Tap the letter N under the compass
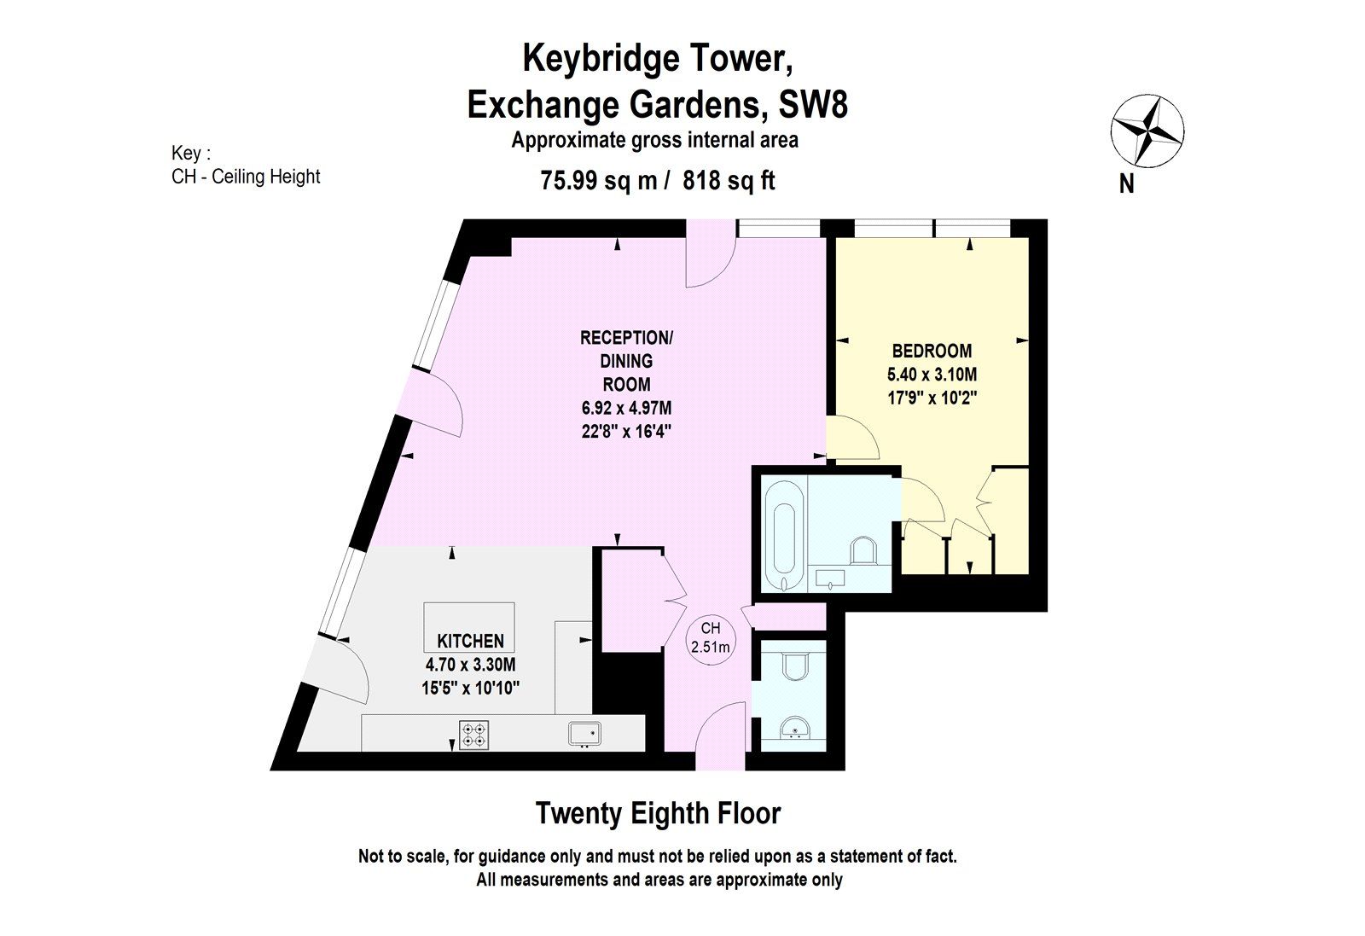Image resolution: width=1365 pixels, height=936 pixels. (1126, 183)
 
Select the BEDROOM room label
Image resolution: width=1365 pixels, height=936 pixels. (932, 351)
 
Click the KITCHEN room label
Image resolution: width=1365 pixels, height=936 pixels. (470, 641)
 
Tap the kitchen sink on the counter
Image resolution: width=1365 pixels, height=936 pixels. (585, 733)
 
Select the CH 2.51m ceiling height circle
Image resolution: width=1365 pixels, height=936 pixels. (711, 637)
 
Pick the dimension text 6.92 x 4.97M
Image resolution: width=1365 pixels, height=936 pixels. (626, 409)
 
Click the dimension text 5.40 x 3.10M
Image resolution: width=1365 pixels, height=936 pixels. (932, 374)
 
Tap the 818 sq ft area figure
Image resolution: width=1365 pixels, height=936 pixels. (729, 181)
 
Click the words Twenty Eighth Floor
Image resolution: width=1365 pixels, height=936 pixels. (658, 813)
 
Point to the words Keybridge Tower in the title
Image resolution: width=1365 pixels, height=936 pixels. (658, 59)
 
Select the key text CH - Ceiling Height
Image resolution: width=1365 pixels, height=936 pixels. (246, 177)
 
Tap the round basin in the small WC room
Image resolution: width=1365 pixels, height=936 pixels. (794, 728)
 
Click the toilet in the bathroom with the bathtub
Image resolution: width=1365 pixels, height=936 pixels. (863, 550)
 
